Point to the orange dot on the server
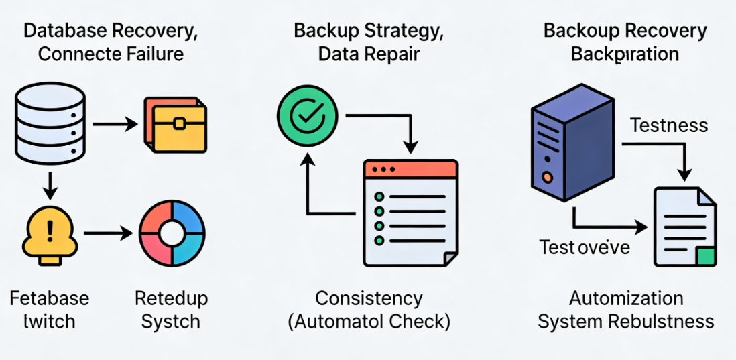548,178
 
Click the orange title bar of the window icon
410,169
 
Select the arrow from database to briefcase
115,125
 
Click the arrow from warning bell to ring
107,234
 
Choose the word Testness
669,125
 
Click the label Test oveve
585,247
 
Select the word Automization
626,298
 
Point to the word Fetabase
50,298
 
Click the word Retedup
171,298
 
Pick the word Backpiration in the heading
625,54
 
